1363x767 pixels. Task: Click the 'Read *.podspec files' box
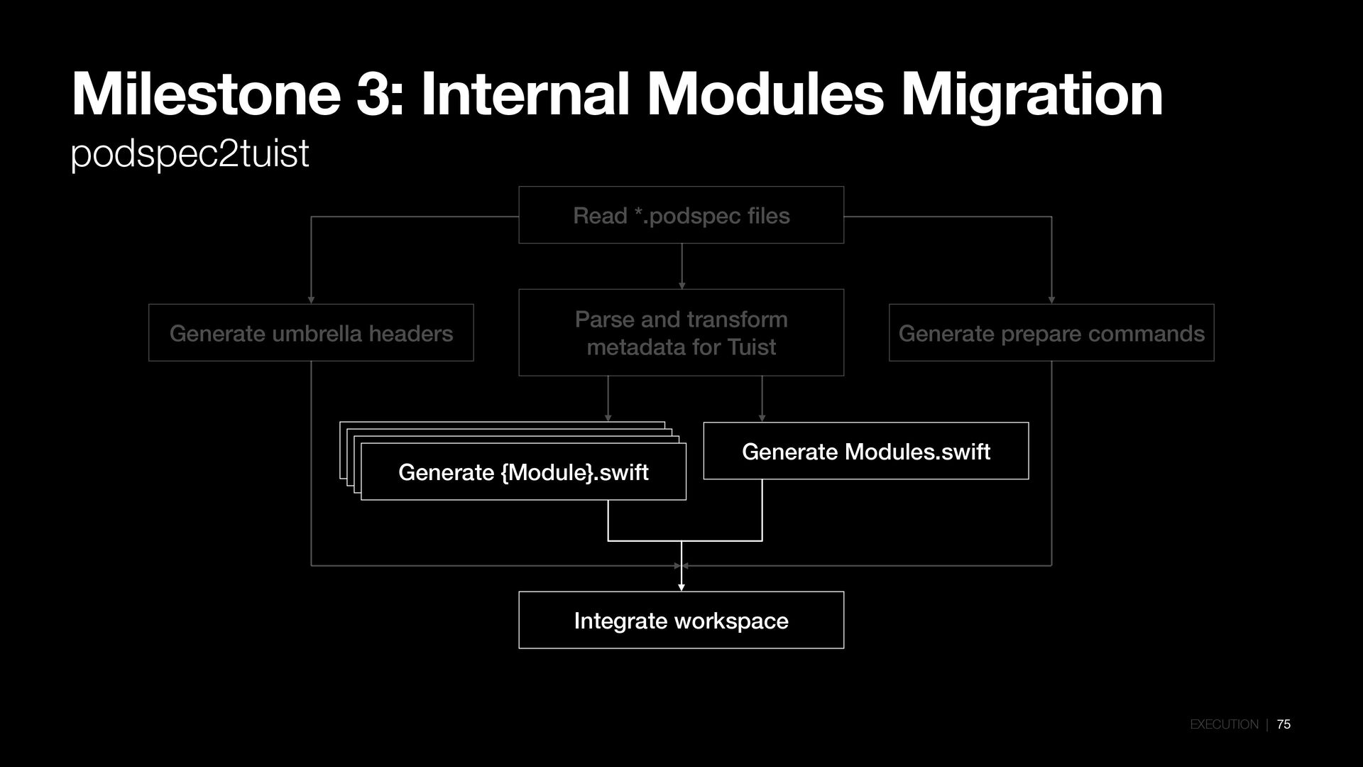pos(681,215)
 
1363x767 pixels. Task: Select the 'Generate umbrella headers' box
pos(311,333)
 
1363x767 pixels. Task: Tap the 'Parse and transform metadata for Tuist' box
pos(681,332)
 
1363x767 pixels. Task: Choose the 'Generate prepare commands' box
pos(1051,333)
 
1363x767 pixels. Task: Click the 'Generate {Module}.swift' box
pos(523,472)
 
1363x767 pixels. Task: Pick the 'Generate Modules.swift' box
pos(865,451)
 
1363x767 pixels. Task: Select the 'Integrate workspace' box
pos(681,620)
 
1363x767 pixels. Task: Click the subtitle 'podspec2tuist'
pos(190,153)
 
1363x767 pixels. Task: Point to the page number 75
pos(1283,724)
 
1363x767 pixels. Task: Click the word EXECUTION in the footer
pos(1224,724)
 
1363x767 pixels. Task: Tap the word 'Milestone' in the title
pos(206,96)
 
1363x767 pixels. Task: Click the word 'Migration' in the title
pos(1032,96)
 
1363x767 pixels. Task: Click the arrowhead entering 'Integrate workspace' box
pos(681,587)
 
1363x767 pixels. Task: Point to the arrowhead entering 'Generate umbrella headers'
pos(311,300)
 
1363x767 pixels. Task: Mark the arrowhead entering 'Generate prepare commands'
pos(1051,300)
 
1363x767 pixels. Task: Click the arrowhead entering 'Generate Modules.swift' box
pos(762,418)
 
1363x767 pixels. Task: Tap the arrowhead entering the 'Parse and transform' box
pos(681,285)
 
